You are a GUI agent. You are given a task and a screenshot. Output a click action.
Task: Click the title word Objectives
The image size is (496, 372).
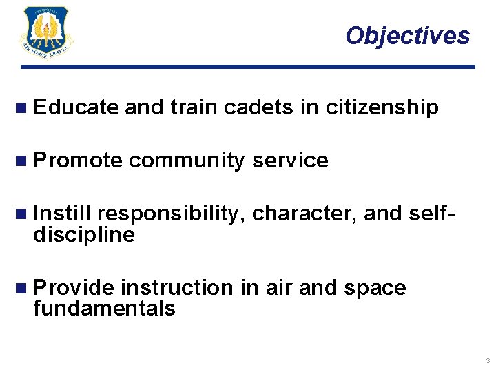(x=408, y=35)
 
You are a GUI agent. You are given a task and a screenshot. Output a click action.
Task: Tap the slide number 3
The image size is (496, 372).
(x=487, y=361)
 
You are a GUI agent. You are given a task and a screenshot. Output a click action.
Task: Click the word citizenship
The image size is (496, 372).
(x=382, y=107)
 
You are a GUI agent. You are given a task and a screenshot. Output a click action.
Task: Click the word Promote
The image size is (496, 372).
(x=78, y=161)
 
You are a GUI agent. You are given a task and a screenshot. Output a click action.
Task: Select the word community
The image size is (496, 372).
(x=186, y=161)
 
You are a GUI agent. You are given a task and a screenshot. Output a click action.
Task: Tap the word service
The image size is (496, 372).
(x=290, y=161)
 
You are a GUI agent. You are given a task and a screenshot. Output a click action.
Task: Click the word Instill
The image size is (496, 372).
(x=66, y=214)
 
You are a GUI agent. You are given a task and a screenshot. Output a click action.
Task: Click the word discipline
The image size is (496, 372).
(x=83, y=236)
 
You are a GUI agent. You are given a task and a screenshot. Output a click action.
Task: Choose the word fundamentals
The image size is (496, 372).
(x=104, y=309)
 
